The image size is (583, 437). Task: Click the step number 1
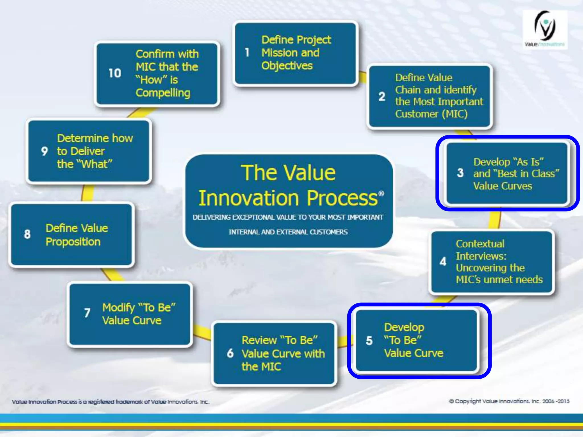coord(247,53)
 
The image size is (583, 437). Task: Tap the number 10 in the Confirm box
coord(115,73)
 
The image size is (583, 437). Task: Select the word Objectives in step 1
coord(287,66)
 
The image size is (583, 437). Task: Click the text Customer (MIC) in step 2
coord(431,114)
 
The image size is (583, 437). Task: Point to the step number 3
coord(460,173)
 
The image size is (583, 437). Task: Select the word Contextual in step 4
coord(480,244)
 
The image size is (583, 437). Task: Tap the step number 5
coord(369,341)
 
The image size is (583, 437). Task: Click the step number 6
coord(230,353)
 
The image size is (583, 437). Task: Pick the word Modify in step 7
coord(118,308)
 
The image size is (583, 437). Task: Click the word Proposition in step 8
coord(73,242)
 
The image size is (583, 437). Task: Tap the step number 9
coord(44,151)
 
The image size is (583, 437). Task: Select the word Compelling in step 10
coord(163,93)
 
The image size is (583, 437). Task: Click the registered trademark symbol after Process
coord(381,194)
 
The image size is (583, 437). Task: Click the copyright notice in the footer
coord(509,401)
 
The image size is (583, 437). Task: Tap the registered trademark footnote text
coord(110,402)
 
